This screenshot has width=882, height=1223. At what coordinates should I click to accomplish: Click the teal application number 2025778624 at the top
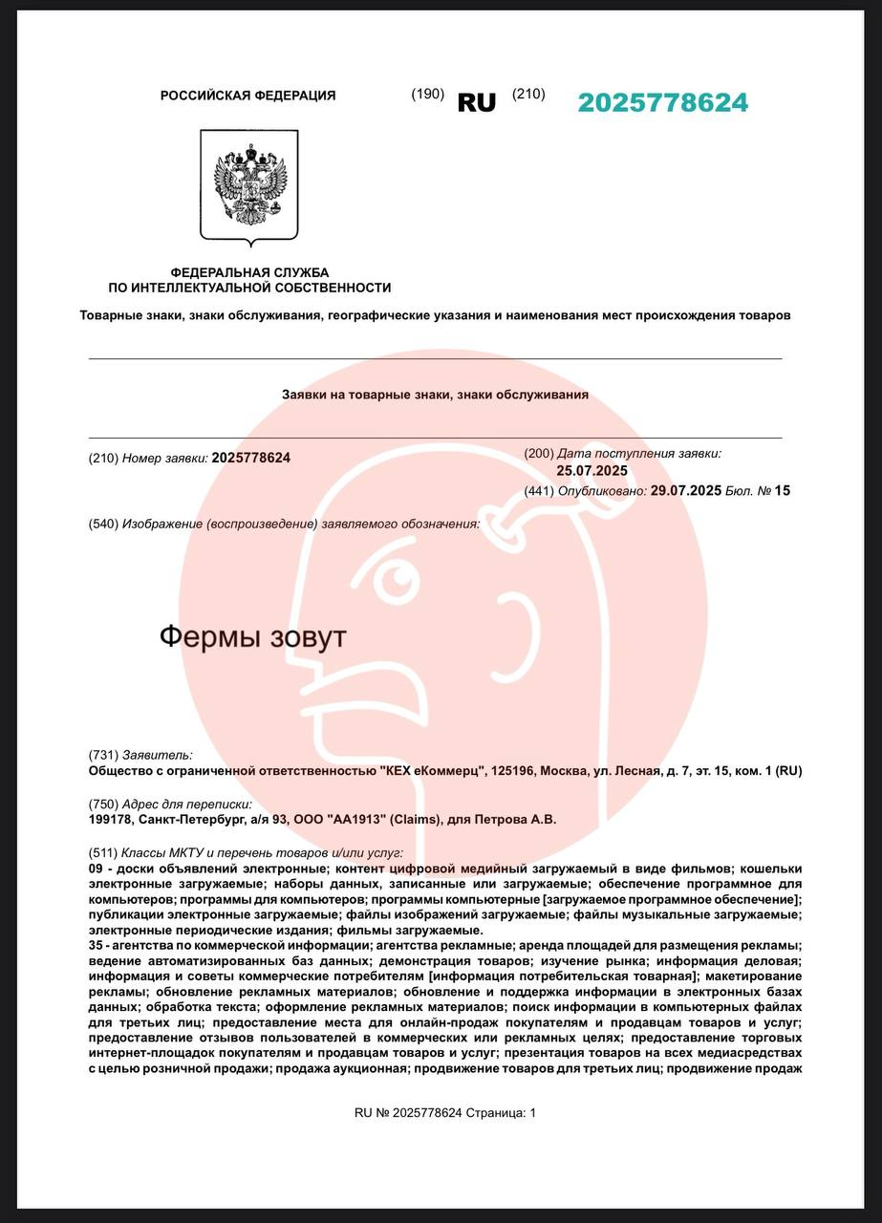[662, 103]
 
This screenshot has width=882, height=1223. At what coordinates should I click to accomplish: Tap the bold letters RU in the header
[477, 103]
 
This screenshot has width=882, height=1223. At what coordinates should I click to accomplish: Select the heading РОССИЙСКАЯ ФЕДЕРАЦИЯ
[247, 96]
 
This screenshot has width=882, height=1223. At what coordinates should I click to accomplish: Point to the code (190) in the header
[427, 94]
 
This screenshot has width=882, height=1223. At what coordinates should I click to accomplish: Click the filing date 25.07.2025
[592, 470]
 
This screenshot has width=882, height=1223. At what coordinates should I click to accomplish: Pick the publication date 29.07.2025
[685, 491]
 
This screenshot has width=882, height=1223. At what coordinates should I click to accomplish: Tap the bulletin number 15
[783, 491]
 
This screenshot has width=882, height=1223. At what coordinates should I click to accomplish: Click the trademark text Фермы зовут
[252, 637]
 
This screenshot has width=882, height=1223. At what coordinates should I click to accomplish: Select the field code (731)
[103, 755]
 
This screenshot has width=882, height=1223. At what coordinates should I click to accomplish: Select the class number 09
[96, 869]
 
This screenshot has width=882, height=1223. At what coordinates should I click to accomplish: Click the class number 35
[96, 945]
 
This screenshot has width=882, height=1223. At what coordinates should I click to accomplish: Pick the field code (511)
[103, 852]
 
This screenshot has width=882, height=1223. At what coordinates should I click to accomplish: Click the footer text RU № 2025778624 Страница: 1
[445, 1113]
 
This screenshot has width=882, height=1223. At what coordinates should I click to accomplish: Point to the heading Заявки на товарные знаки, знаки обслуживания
[435, 394]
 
